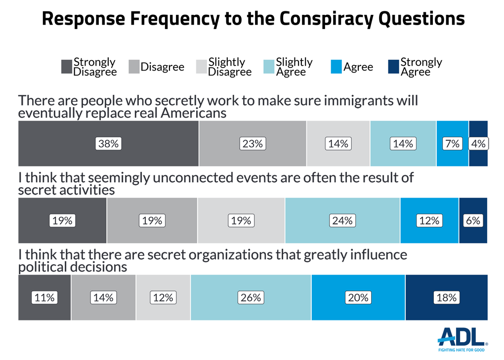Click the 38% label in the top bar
click(108, 144)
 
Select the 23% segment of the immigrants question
click(252, 144)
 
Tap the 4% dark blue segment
click(478, 144)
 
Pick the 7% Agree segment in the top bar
click(453, 144)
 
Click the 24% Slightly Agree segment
click(342, 221)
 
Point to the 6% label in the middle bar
click(473, 221)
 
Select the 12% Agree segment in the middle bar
click(429, 221)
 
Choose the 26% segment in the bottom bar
click(251, 298)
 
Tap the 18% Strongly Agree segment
click(446, 298)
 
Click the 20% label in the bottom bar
click(358, 298)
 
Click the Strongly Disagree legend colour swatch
click(66, 67)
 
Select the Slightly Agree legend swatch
click(268, 67)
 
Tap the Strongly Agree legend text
click(421, 67)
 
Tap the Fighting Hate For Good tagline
click(462, 350)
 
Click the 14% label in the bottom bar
click(103, 298)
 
